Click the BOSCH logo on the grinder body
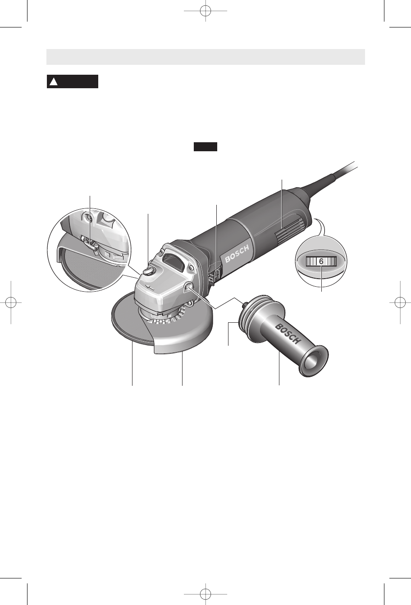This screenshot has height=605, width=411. pyautogui.click(x=237, y=254)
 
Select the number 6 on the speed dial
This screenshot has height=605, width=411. pyautogui.click(x=321, y=261)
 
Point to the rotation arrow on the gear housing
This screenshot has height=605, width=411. pyautogui.click(x=149, y=288)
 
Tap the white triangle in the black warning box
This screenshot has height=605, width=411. pyautogui.click(x=54, y=81)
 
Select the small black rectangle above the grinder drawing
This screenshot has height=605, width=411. pyautogui.click(x=205, y=147)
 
